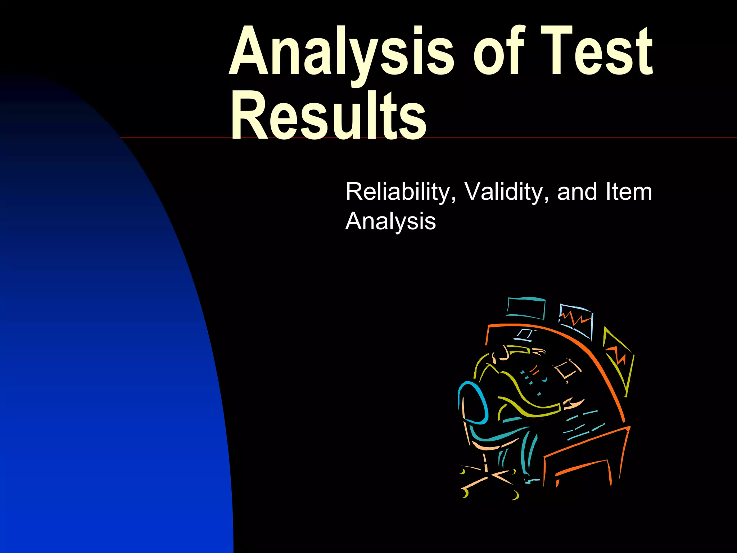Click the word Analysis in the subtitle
pos(390,221)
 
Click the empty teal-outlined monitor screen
pos(525,308)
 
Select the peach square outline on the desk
pos(567,369)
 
